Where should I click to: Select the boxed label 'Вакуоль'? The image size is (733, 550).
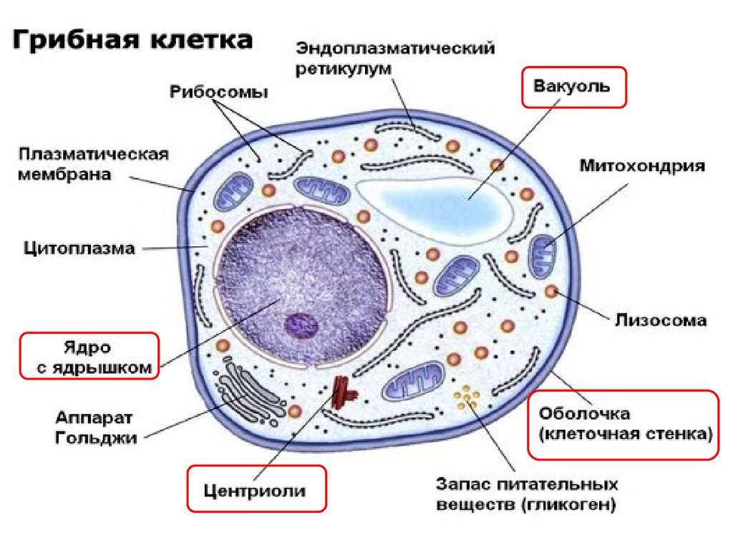click(573, 87)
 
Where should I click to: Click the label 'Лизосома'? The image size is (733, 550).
click(661, 320)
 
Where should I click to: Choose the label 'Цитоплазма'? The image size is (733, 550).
click(79, 249)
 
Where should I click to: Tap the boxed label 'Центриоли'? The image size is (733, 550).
click(256, 491)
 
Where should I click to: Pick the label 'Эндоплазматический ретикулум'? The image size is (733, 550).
click(395, 59)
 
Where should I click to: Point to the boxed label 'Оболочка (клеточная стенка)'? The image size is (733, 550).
click(622, 424)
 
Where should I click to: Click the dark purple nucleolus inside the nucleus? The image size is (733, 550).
click(301, 325)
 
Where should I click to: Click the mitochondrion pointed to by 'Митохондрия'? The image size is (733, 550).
click(542, 256)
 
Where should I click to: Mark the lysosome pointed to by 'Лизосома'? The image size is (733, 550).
click(551, 291)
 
